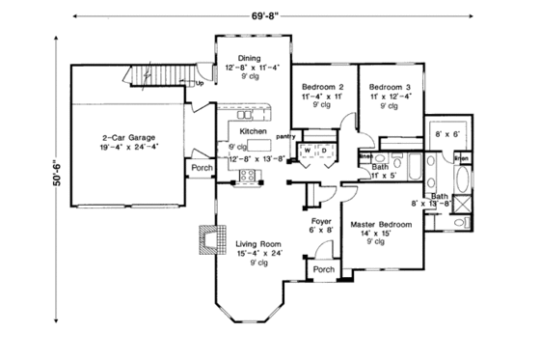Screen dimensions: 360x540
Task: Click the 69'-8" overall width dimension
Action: pos(269,14)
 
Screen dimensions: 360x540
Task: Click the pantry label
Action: pos(284,137)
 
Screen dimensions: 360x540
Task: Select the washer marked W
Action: pos(306,152)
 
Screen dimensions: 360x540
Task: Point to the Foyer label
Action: pos(320,220)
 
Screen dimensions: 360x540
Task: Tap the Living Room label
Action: pos(258,244)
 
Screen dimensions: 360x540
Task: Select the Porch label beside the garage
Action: pos(202,168)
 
